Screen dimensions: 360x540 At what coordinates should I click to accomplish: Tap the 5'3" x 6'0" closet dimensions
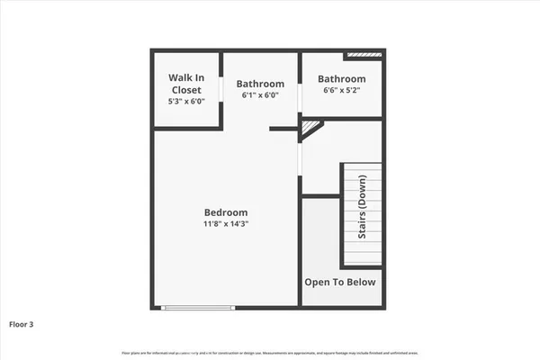point(186,102)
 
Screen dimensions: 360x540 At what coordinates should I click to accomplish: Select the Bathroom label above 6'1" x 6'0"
point(260,84)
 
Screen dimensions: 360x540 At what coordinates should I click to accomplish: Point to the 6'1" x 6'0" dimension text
point(260,95)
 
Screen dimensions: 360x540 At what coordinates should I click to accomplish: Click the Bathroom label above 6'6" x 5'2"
point(341,78)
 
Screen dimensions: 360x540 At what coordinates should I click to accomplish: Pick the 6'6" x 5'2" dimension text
point(341,90)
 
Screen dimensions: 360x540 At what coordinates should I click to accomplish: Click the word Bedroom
point(225,212)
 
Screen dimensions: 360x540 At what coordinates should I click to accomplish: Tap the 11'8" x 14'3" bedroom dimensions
point(225,224)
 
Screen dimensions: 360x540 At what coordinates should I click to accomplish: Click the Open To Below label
point(340,282)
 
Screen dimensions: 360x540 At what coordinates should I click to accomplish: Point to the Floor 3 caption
point(22,323)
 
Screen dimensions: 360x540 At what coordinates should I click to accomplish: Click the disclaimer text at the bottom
point(269,351)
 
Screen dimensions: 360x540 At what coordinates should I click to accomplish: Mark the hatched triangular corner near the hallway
point(310,130)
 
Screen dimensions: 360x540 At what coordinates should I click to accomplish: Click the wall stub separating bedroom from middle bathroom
point(283,129)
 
